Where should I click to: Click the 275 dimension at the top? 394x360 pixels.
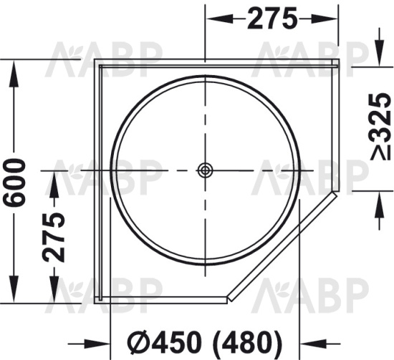coord(272,19)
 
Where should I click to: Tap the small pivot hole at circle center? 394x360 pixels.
coord(205,170)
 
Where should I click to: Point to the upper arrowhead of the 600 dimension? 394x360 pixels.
coord(14,68)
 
